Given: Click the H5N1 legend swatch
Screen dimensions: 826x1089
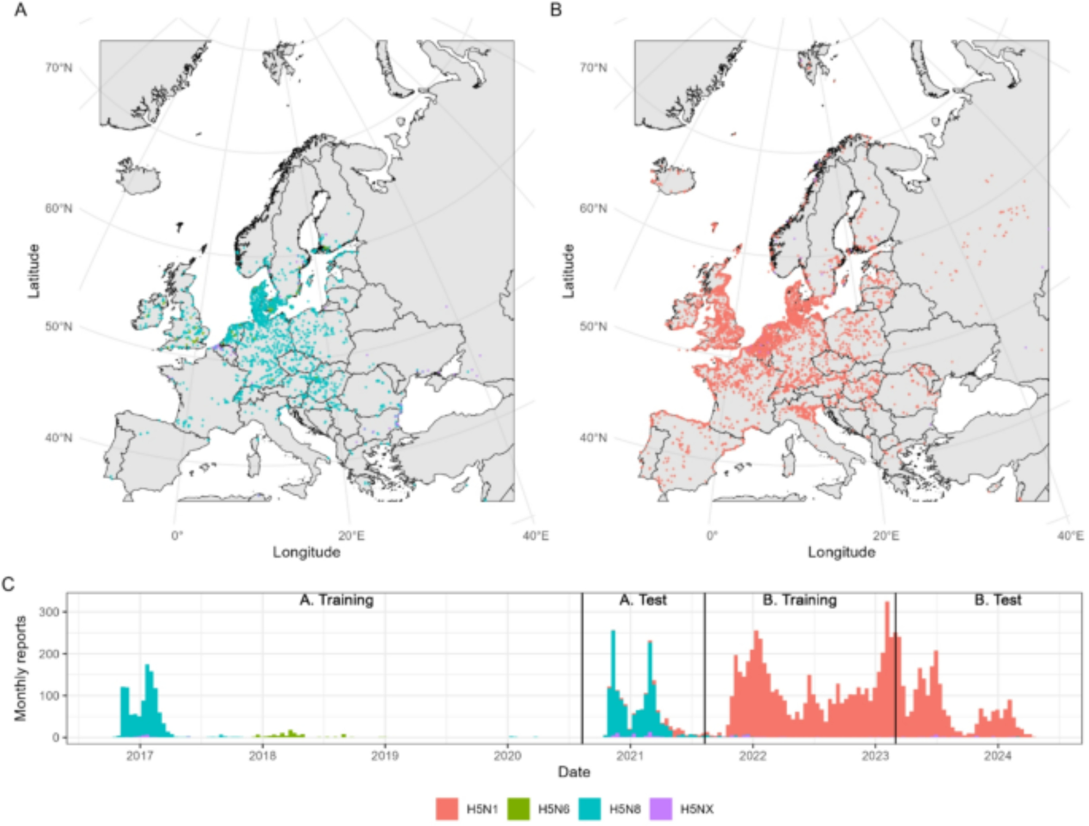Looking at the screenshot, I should [446, 809].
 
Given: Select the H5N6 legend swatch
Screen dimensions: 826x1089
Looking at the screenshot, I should [518, 809].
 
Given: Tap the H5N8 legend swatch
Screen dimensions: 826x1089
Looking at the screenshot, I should [590, 809].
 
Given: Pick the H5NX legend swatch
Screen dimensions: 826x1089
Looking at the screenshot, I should [660, 809].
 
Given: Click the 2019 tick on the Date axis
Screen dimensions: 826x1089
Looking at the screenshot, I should [385, 756].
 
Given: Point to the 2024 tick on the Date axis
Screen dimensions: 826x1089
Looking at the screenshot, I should [998, 756].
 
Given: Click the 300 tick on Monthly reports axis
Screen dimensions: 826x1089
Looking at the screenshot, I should [49, 612].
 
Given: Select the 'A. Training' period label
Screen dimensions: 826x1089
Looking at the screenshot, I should [337, 600].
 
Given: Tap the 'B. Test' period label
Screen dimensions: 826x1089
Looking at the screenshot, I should [998, 600].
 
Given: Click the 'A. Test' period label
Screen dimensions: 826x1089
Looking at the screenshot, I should [643, 600].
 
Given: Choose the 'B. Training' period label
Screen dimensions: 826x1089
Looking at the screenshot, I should [799, 600].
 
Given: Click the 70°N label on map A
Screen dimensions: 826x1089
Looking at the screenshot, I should [58, 68].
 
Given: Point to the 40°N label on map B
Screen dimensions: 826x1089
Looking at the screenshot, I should [593, 438].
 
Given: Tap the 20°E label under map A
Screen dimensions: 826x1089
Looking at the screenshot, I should [351, 536].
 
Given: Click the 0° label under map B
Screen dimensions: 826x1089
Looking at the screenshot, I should [712, 536].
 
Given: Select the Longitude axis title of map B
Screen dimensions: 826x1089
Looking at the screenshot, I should [841, 552].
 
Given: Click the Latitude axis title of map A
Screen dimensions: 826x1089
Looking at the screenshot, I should [34, 270].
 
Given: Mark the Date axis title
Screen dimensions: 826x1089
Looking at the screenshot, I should [574, 772].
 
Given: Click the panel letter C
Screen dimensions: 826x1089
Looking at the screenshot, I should [8, 584].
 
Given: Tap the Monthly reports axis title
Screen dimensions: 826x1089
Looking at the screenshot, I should [21, 668].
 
